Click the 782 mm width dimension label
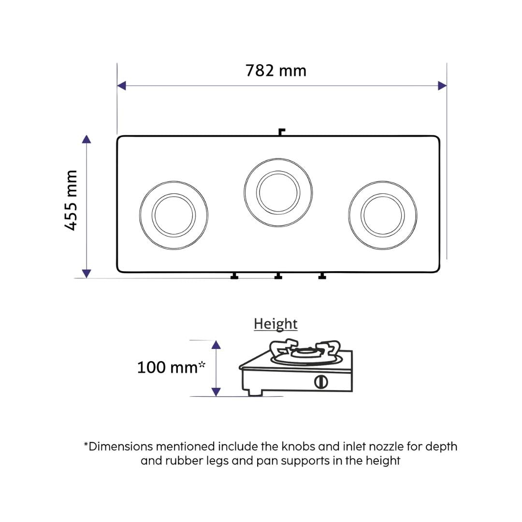pyautogui.click(x=275, y=71)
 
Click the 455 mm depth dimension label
pyautogui.click(x=71, y=200)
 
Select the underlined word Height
pyautogui.click(x=275, y=324)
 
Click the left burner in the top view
pyautogui.click(x=174, y=215)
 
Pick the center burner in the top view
pyautogui.click(x=278, y=192)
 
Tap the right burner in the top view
pyautogui.click(x=383, y=215)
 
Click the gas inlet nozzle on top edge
pyautogui.click(x=281, y=131)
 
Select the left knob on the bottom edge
pyautogui.click(x=234, y=276)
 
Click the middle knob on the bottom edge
pyautogui.click(x=278, y=276)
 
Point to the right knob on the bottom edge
pyautogui.click(x=322, y=276)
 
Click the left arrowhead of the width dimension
pyautogui.click(x=121, y=86)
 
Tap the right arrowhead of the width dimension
pyautogui.click(x=442, y=86)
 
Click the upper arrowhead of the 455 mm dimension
pyautogui.click(x=87, y=139)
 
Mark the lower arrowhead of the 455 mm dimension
pyautogui.click(x=87, y=274)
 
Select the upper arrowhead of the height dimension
pyautogui.click(x=216, y=345)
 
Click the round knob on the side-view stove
pyautogui.click(x=321, y=381)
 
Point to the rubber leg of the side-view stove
pyautogui.click(x=253, y=392)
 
